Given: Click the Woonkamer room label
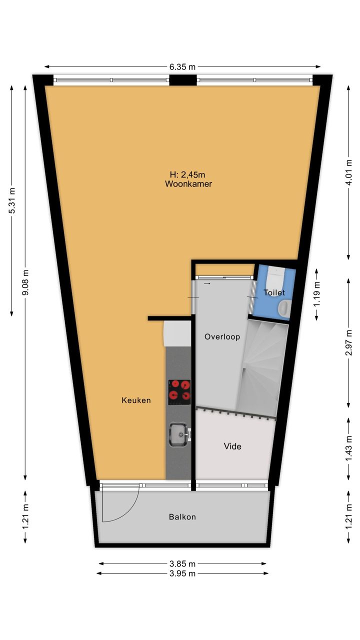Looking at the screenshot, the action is (x=188, y=183).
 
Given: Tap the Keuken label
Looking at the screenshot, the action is (x=136, y=400).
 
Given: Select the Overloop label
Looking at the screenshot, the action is (x=222, y=337).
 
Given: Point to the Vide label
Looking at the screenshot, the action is (x=232, y=446).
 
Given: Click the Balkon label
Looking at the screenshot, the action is (x=182, y=517).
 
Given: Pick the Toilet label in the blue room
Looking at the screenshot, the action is (x=274, y=292).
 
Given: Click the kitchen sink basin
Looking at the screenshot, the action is (x=179, y=434).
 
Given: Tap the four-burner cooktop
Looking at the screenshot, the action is (x=179, y=392).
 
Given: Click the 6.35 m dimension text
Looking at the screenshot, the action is (x=182, y=67).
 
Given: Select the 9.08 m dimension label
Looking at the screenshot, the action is (x=25, y=283).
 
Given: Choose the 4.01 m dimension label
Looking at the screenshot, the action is (x=348, y=172).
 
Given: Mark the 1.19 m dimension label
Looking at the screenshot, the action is (x=316, y=294).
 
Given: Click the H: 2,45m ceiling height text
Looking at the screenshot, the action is (x=187, y=174).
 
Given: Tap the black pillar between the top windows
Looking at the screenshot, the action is (x=183, y=80).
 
